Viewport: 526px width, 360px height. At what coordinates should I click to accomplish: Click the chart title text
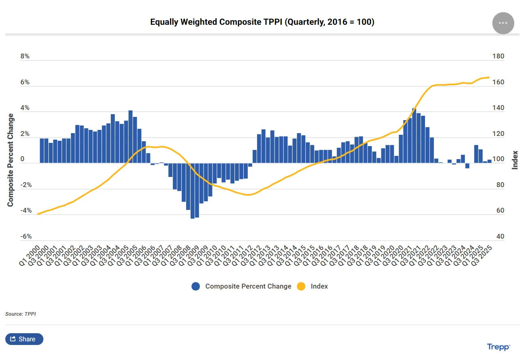[262, 22]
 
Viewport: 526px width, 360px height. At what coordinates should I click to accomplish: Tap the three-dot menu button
[503, 23]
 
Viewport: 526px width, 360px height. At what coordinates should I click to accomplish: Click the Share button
[24, 339]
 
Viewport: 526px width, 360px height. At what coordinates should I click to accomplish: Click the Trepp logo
[498, 347]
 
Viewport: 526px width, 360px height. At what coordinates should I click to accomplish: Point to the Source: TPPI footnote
[21, 314]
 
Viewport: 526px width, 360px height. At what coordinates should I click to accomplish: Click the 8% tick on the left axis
[25, 56]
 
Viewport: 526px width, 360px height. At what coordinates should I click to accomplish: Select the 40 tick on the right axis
[500, 237]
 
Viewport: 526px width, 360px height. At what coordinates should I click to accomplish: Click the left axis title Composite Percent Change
[11, 160]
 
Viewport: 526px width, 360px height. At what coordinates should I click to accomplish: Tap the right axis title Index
[515, 160]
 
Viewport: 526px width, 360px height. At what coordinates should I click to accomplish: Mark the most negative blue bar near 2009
[193, 191]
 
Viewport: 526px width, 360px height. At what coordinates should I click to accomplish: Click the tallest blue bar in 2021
[414, 136]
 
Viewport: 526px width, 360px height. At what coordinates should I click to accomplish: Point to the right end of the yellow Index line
[489, 77]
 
